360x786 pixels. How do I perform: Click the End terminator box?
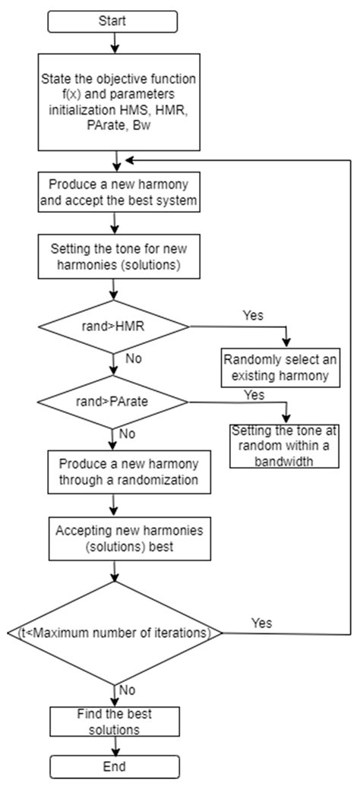114,765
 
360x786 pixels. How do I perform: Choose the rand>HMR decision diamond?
114,326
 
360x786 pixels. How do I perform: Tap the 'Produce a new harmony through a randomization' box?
114,472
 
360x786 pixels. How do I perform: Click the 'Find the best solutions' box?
114,721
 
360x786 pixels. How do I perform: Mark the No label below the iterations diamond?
128,690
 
